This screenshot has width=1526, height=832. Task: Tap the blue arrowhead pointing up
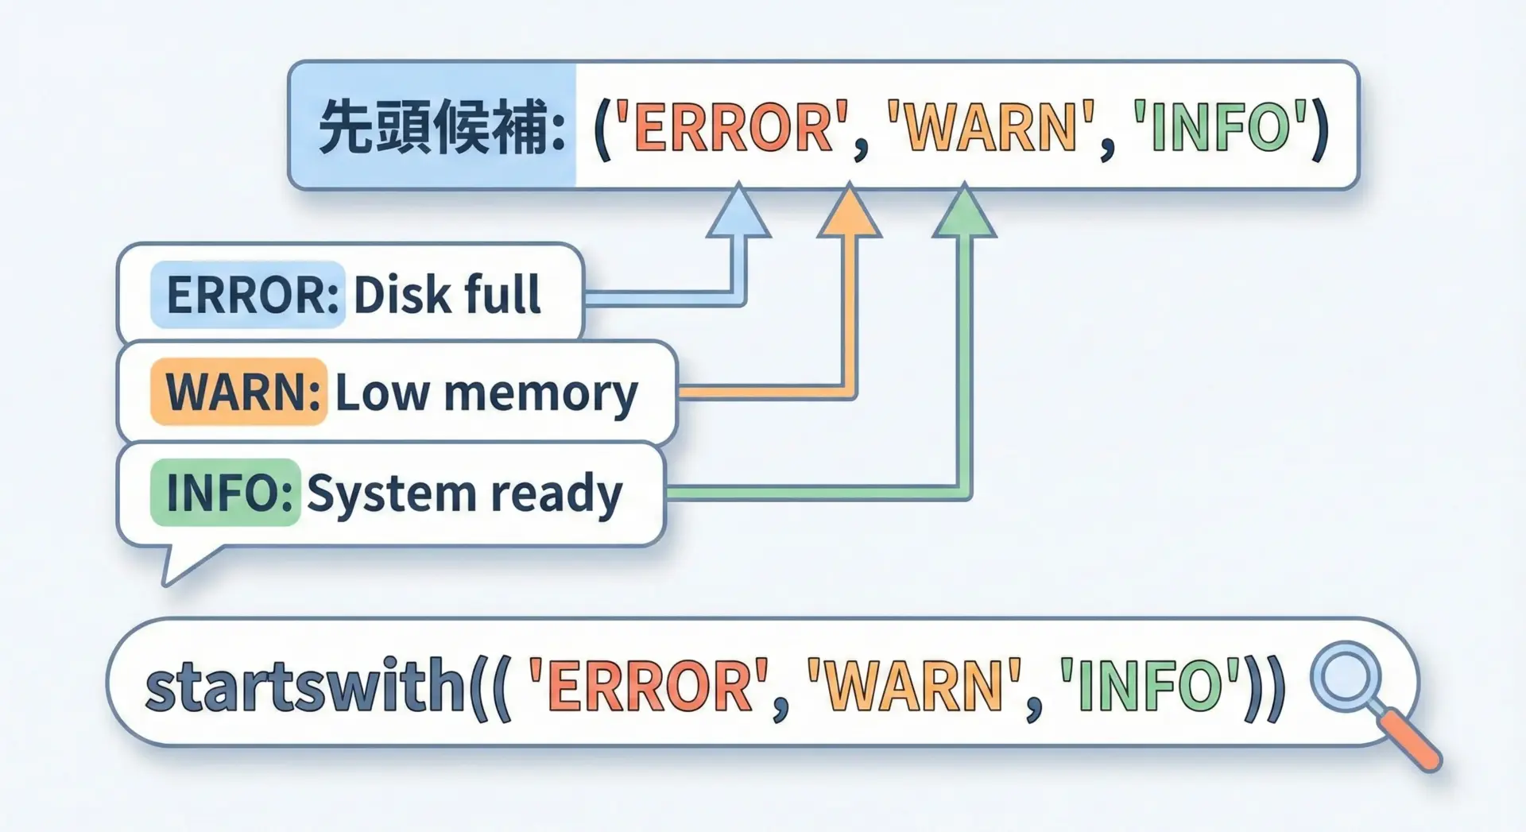738,213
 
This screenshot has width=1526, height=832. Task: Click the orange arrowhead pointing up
850,213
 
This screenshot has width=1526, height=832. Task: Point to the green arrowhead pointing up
964,213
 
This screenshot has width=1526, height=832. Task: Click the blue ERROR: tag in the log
248,295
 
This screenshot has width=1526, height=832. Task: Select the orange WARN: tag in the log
239,392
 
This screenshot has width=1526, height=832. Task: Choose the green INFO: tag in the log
226,493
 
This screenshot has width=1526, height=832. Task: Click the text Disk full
447,295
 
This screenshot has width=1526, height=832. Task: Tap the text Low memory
486,393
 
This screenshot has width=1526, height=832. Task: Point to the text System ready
464,493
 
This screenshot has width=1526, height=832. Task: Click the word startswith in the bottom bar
305,686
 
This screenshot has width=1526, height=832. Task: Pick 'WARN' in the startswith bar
914,686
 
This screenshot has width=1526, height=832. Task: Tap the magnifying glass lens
1346,676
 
